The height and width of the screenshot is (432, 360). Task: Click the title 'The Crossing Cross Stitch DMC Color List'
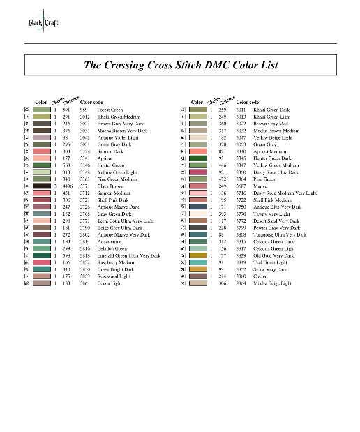(x=181, y=66)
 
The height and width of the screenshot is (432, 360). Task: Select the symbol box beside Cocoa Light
(x=27, y=282)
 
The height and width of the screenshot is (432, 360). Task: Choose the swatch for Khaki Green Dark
(x=198, y=110)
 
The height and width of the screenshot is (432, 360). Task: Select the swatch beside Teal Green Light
(x=198, y=262)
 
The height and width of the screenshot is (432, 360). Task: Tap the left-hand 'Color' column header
(x=40, y=103)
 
